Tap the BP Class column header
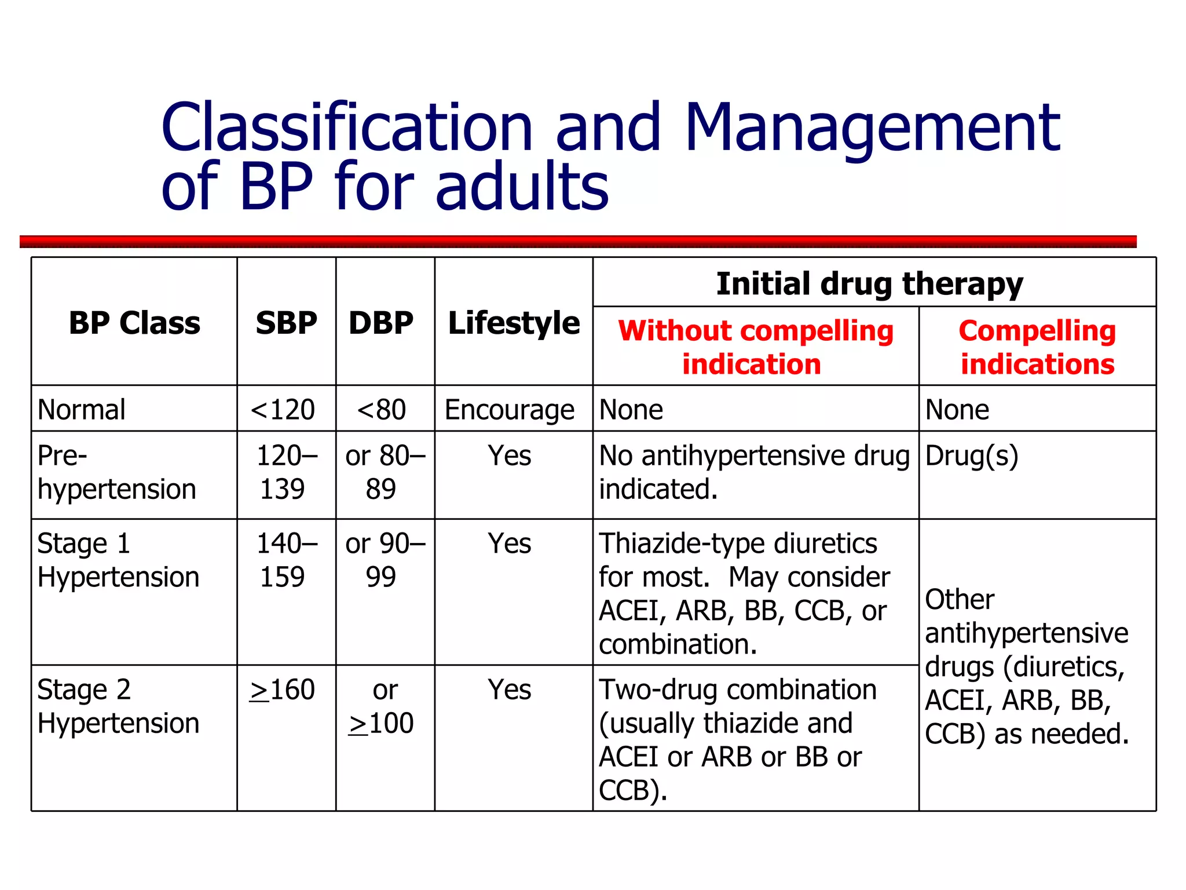click(134, 323)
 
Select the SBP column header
click(287, 323)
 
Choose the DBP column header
click(381, 323)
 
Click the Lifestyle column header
click(514, 323)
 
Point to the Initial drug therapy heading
click(870, 284)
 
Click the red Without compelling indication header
click(755, 347)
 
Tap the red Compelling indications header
click(1037, 347)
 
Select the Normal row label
click(82, 410)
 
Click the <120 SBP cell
click(283, 410)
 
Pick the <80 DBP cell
click(381, 410)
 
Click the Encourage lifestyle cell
click(510, 410)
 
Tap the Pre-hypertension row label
click(116, 472)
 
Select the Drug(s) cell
click(972, 456)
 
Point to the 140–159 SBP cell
click(286, 560)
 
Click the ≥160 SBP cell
click(283, 690)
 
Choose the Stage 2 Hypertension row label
click(118, 706)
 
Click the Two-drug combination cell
click(738, 739)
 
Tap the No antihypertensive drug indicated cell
click(754, 472)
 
